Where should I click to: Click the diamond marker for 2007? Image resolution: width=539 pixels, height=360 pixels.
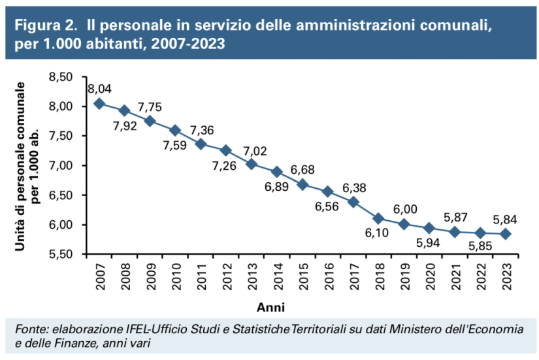(x=99, y=104)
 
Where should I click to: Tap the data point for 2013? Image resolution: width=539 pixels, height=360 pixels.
(x=251, y=164)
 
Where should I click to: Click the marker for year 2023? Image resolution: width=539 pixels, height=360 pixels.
(x=505, y=234)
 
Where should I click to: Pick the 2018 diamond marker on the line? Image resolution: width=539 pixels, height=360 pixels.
(x=378, y=218)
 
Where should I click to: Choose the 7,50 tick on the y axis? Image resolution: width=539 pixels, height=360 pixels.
(x=63, y=136)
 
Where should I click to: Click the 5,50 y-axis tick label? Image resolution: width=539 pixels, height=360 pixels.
(x=63, y=254)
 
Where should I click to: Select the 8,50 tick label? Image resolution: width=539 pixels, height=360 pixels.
(x=63, y=77)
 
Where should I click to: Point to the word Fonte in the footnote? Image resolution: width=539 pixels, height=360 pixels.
(x=30, y=329)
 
